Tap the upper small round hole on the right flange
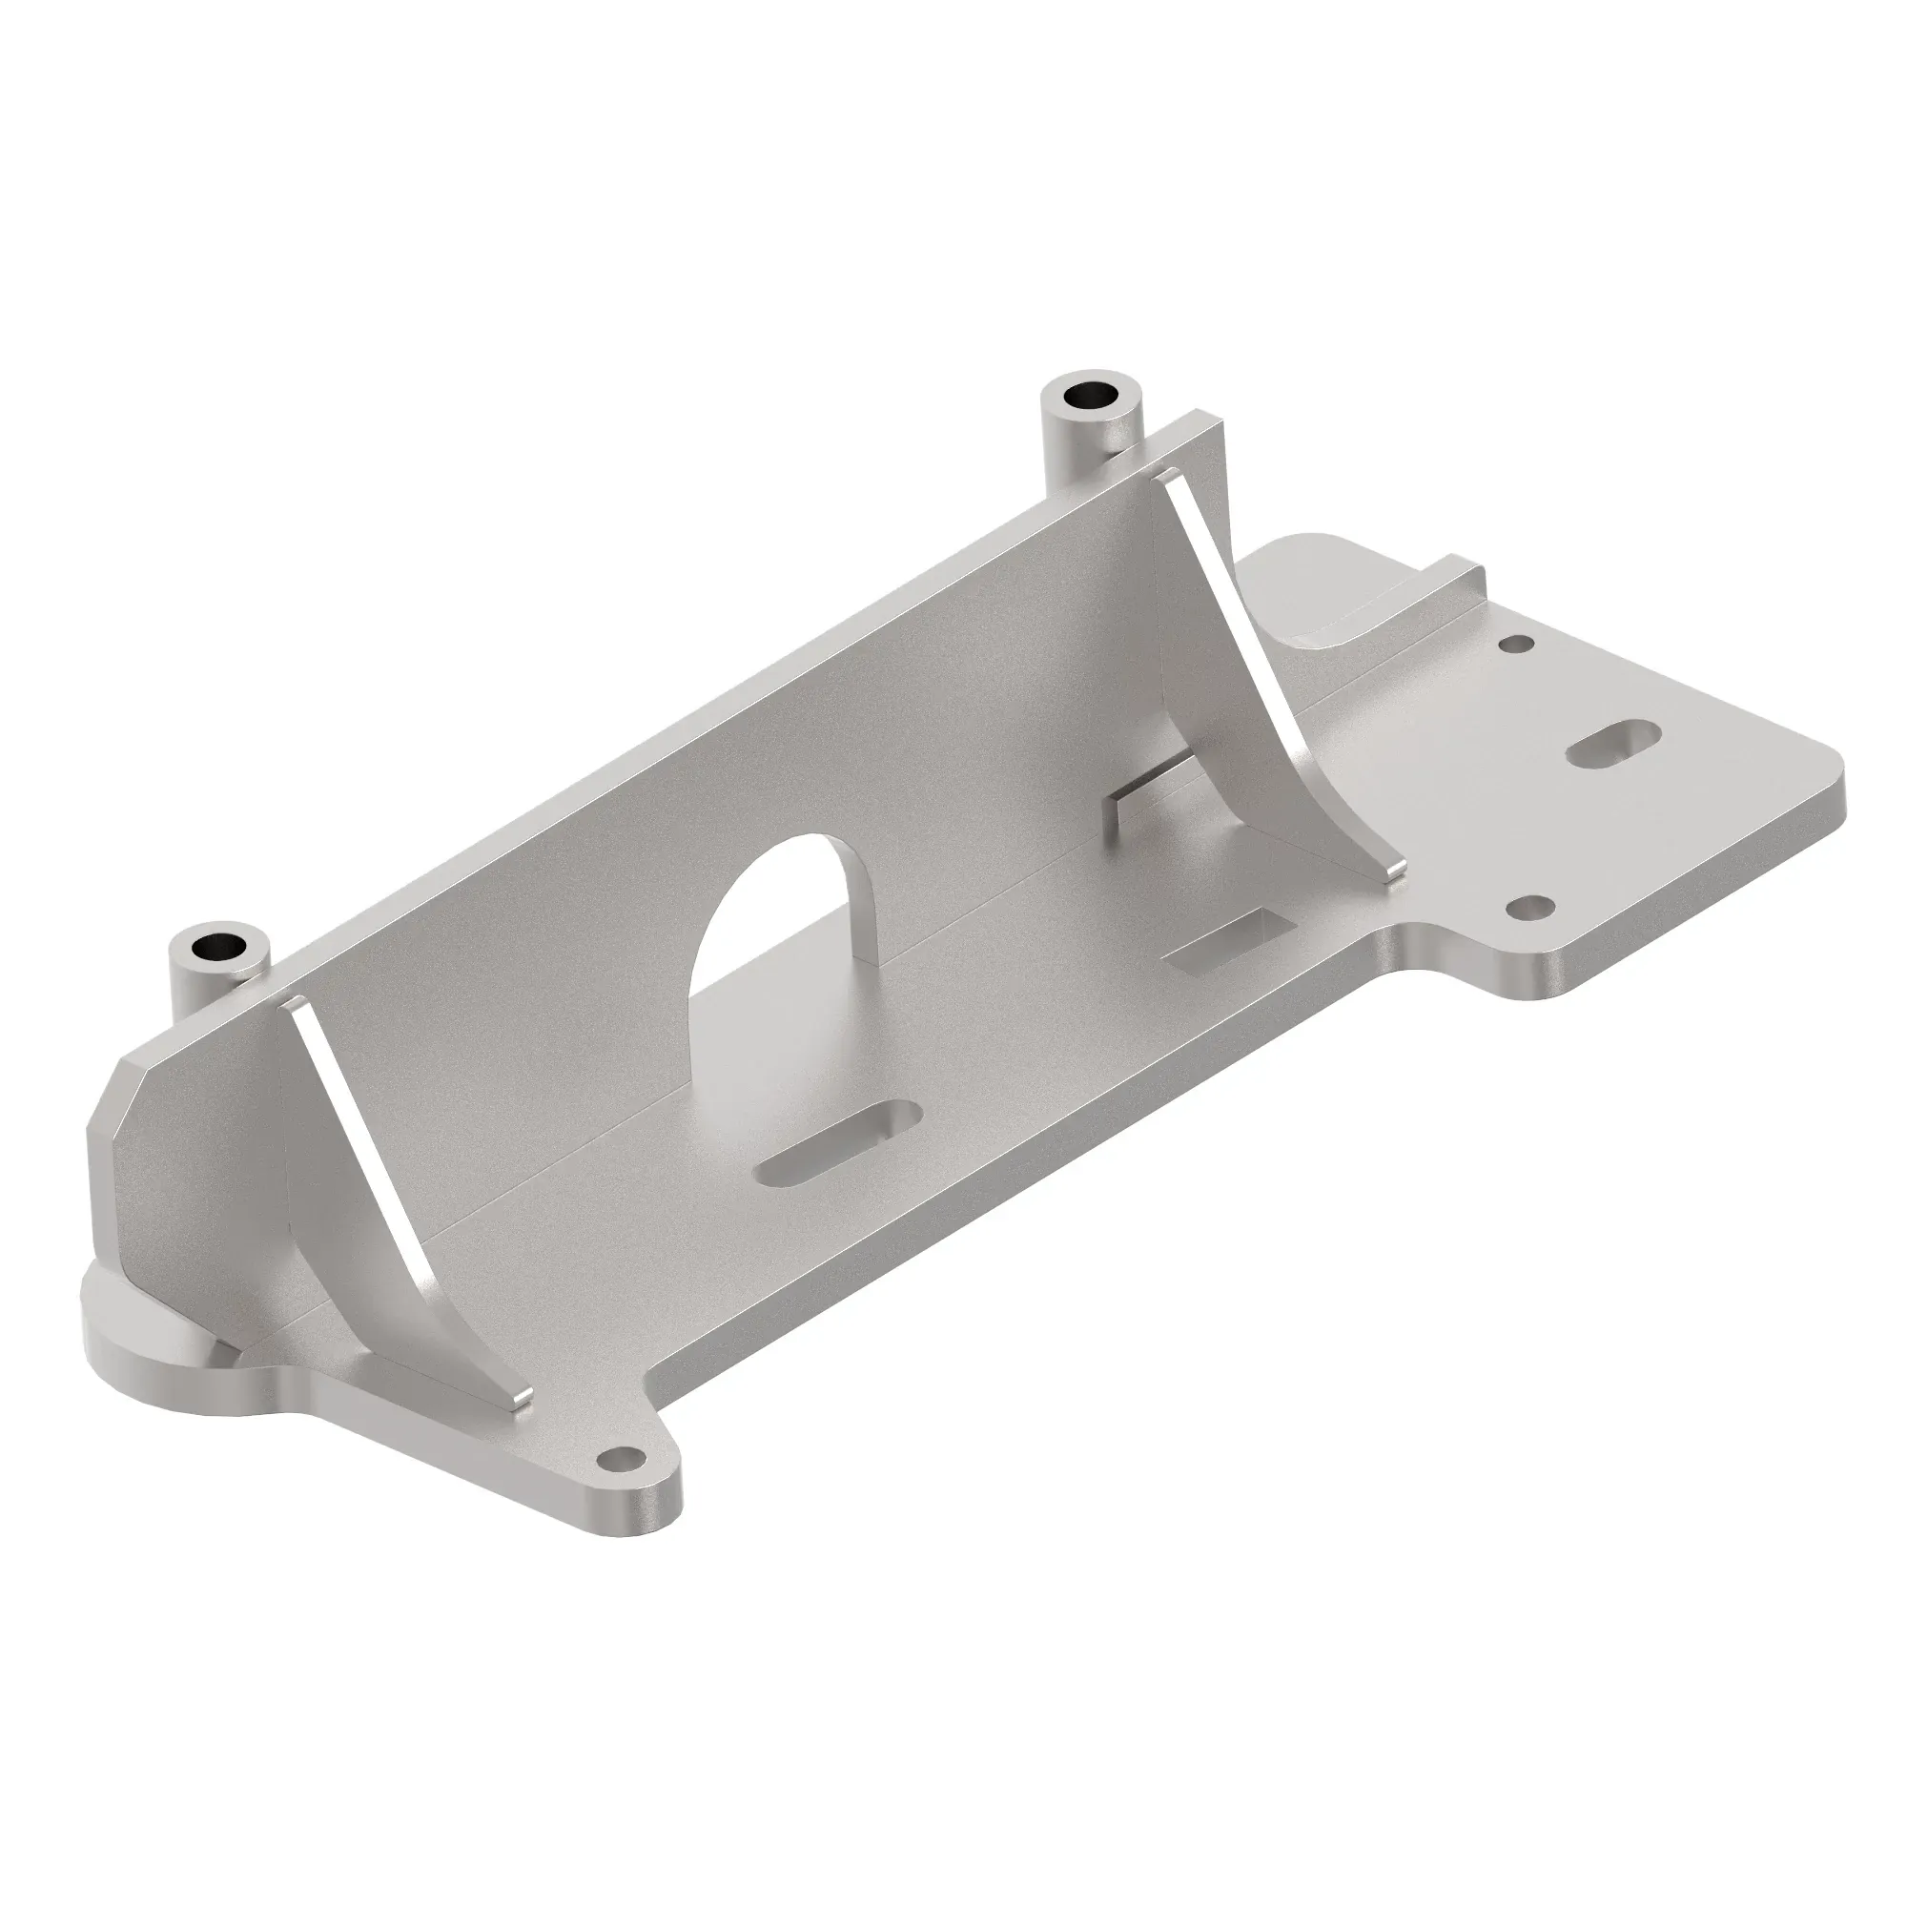coord(1516,644)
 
